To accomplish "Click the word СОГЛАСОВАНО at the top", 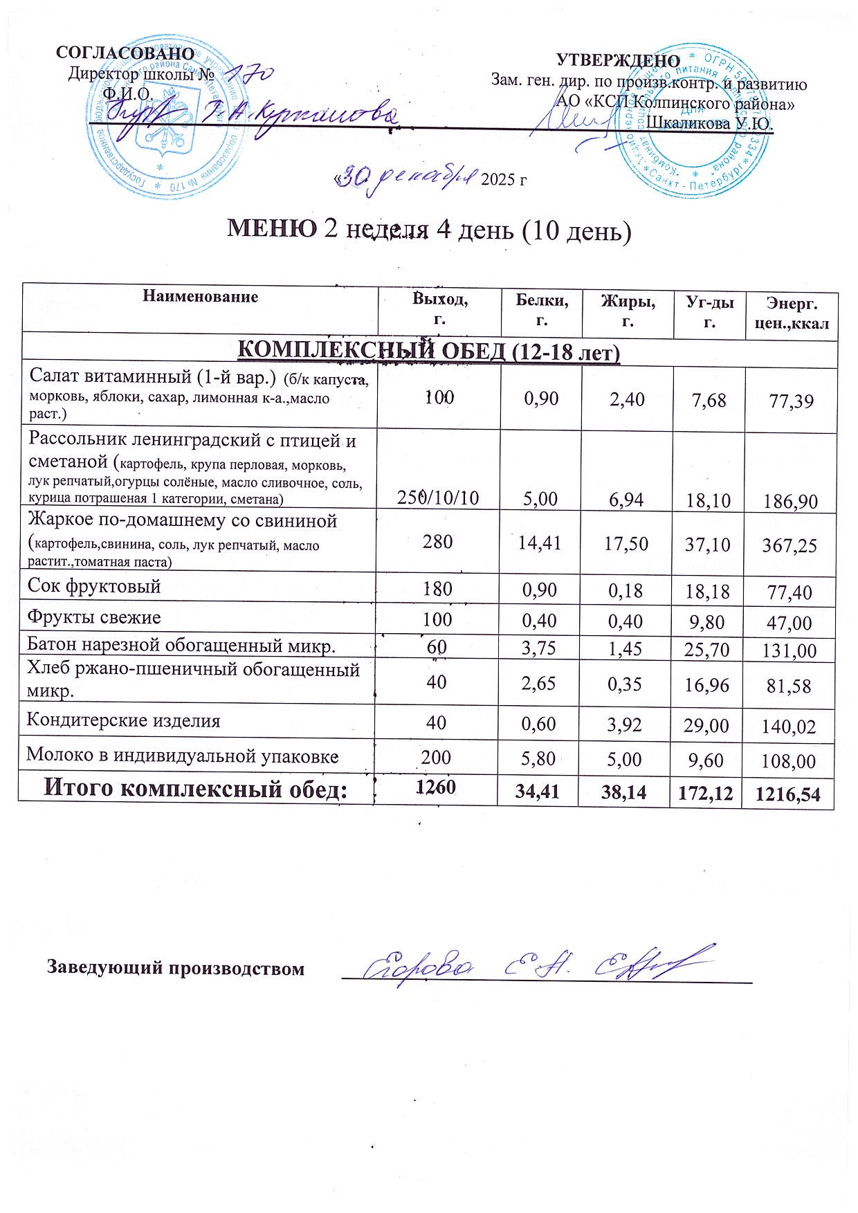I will [x=125, y=53].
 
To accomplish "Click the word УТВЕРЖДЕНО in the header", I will [x=618, y=62].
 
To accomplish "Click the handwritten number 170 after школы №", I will [x=250, y=74].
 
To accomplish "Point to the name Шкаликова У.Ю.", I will [x=709, y=124].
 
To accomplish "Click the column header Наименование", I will [x=201, y=297].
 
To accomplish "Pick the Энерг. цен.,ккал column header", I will [x=792, y=313].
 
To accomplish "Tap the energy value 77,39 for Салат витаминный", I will [x=792, y=401].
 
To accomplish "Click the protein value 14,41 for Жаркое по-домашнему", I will [x=540, y=543].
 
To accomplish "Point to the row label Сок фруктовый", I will [x=94, y=587].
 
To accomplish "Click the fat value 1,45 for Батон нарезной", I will [x=625, y=648].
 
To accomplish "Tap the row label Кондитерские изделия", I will [x=123, y=720].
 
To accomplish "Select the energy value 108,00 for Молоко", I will [x=788, y=761].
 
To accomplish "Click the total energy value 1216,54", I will [x=787, y=794].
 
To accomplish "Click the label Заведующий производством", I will [x=176, y=967].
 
